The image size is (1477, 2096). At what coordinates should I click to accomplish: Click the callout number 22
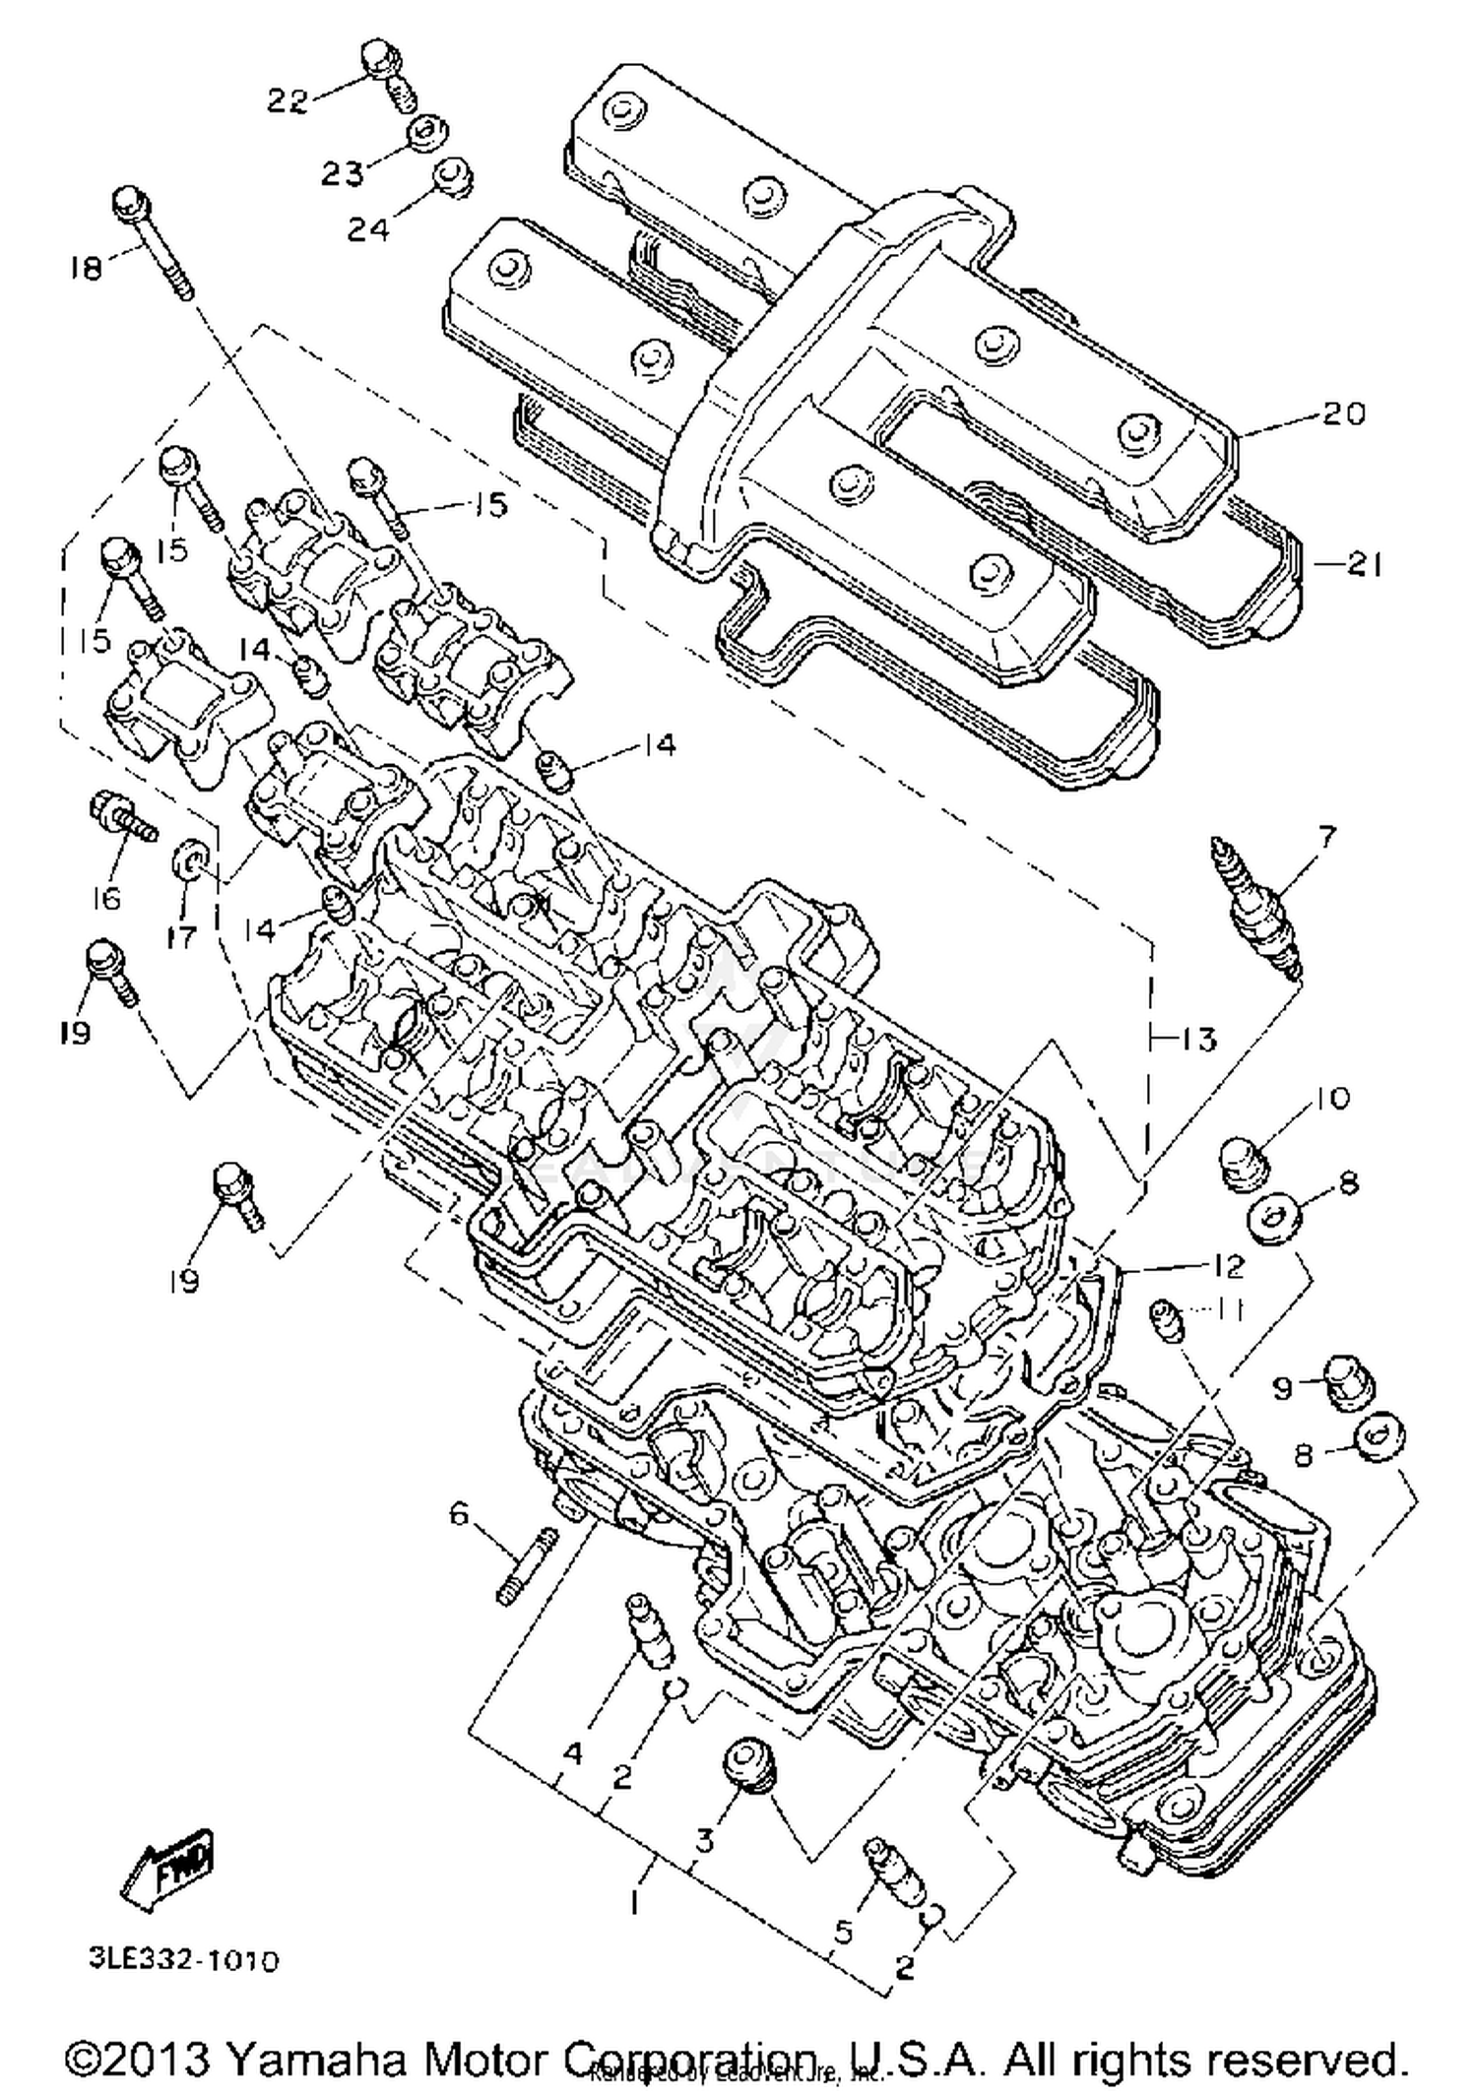(288, 100)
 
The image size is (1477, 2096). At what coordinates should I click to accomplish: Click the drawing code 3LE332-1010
(184, 1959)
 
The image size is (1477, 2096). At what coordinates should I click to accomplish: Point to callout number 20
(1344, 413)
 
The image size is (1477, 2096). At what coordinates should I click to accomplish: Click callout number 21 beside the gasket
(1364, 565)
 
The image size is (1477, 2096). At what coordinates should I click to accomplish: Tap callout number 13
(1197, 1039)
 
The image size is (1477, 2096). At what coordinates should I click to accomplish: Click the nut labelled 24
(455, 178)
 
